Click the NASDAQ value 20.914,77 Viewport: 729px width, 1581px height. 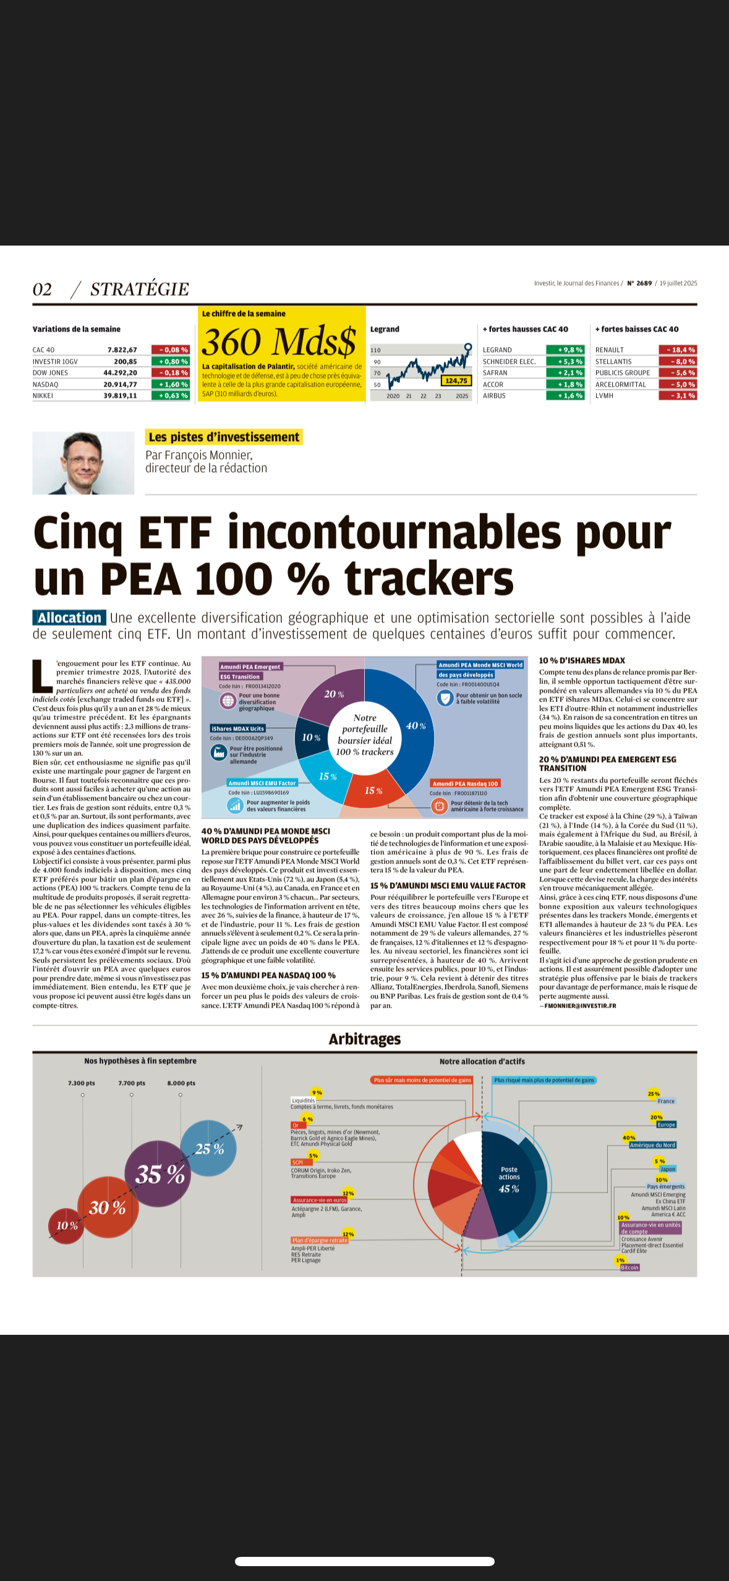pos(120,384)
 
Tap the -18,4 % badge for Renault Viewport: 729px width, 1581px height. pos(678,349)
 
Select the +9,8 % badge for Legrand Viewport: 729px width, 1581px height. pos(565,349)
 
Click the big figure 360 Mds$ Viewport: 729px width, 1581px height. pos(279,341)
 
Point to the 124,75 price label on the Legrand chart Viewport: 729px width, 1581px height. pos(456,380)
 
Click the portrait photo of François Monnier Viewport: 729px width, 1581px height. pos(83,463)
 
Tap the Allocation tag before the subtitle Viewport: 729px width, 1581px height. pos(69,617)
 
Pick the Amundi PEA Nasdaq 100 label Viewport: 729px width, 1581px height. pos(465,783)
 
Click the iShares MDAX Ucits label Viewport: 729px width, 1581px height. pos(238,728)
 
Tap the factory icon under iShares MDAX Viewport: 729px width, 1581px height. pos(218,753)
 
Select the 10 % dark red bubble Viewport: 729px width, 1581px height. pos(67,1225)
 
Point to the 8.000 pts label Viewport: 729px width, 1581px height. pos(181,1082)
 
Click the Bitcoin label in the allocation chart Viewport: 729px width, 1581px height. pos(629,1267)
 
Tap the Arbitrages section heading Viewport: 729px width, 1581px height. pos(364,1039)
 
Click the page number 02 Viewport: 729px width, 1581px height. pos(42,289)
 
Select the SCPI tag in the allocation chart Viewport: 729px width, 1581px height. pos(297,1162)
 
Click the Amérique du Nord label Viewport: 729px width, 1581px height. pos(652,1145)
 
